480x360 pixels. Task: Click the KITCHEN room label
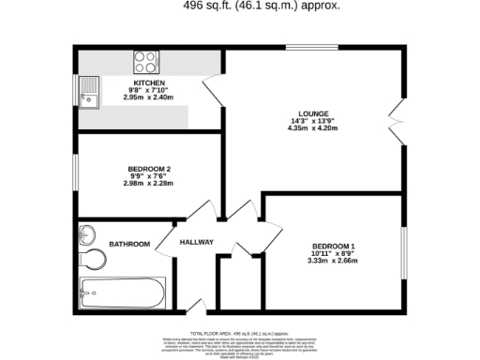tap(143, 82)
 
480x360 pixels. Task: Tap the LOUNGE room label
tap(314, 112)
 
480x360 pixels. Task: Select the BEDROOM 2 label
tap(148, 169)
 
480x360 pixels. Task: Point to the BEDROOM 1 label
tap(333, 246)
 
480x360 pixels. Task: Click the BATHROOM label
tap(129, 244)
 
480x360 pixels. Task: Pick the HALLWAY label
tap(197, 243)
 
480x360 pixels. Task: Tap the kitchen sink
tap(89, 94)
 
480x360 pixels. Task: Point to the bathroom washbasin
tap(88, 233)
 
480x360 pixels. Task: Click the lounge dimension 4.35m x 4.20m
tap(314, 127)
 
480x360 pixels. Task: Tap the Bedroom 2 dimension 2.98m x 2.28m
tap(148, 184)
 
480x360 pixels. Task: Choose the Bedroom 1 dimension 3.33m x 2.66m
tap(333, 261)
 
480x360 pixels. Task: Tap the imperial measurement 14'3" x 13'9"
tap(314, 120)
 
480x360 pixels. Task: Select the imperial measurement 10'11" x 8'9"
tap(333, 253)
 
